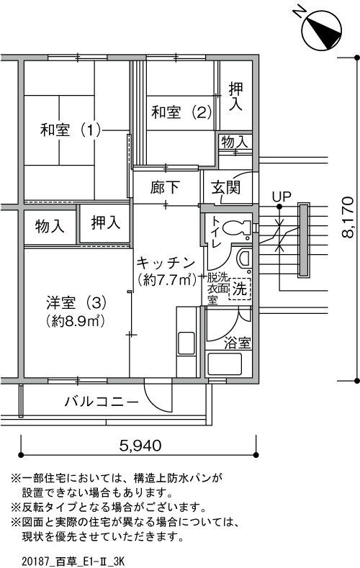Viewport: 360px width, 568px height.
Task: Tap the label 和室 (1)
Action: point(71,130)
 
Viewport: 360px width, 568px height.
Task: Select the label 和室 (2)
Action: point(181,112)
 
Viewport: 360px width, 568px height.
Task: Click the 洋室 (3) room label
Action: point(76,302)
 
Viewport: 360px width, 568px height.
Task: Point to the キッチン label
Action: point(166,263)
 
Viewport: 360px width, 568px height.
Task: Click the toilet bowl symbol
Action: point(236,228)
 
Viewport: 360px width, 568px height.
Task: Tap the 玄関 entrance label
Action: point(225,188)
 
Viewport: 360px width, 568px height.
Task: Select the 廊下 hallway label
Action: point(165,187)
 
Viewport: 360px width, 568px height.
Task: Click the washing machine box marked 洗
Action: point(239,289)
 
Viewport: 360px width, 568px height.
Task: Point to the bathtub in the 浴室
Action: point(224,364)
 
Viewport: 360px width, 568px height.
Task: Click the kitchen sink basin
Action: point(186,343)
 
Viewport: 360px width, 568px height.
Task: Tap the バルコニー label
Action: point(102,402)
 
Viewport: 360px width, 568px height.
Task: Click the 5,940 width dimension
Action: point(140,445)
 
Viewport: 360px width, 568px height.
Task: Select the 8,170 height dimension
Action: point(348,217)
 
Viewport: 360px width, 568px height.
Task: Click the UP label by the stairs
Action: point(282,197)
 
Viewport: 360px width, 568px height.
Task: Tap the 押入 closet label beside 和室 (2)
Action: point(235,96)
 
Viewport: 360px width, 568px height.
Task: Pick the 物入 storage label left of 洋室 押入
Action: point(50,227)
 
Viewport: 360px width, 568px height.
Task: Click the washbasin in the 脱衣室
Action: point(243,258)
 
